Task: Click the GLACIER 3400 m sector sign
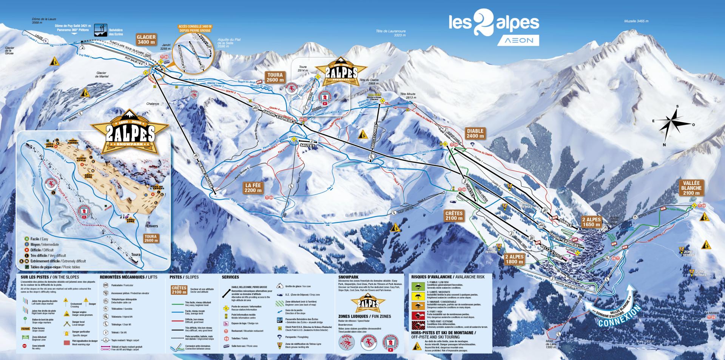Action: click(147, 40)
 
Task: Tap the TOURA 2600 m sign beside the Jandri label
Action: click(275, 77)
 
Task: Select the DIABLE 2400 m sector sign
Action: click(475, 134)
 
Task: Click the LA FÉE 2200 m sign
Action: click(253, 188)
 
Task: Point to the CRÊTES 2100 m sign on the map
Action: click(454, 215)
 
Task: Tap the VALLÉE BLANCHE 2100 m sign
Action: click(691, 188)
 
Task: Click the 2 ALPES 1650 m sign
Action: click(591, 222)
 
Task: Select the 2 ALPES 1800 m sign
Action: click(514, 259)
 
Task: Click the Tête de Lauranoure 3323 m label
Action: click(390, 33)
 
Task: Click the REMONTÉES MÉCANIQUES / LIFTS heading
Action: click(128, 277)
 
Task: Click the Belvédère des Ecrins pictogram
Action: click(100, 29)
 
